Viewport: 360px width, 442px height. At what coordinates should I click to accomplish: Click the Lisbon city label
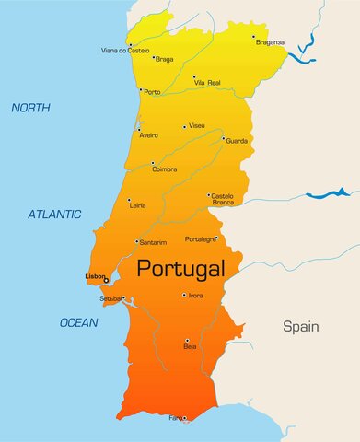[x=94, y=276]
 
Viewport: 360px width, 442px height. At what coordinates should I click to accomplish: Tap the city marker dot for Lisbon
[x=106, y=280]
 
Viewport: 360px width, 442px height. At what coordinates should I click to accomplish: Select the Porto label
[x=152, y=92]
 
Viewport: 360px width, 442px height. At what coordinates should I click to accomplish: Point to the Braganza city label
[x=270, y=41]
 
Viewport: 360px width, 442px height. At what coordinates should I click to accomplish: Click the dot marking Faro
[x=184, y=418]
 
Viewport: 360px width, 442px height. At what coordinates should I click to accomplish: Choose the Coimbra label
[x=165, y=168]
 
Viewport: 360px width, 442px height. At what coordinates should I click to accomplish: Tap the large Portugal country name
[x=180, y=269]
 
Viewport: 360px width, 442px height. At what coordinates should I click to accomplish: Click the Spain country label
[x=300, y=326]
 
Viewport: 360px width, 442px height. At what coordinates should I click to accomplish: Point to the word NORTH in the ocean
[x=30, y=108]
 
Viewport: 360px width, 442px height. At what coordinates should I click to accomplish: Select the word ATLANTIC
[x=54, y=214]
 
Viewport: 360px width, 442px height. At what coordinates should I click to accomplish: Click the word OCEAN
[x=78, y=322]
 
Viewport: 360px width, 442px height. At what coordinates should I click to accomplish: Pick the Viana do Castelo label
[x=125, y=51]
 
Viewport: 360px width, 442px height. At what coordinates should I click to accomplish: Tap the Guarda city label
[x=237, y=141]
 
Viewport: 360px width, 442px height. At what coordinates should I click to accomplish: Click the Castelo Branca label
[x=223, y=198]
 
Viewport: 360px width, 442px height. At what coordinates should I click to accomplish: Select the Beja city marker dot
[x=187, y=340]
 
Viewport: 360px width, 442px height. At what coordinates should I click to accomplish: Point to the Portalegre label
[x=200, y=238]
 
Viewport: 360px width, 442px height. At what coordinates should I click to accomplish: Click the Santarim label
[x=153, y=242]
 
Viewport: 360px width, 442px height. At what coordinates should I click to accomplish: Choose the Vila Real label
[x=207, y=83]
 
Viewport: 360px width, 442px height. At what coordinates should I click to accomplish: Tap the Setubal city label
[x=110, y=298]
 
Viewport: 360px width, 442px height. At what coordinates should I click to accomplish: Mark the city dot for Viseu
[x=185, y=127]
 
